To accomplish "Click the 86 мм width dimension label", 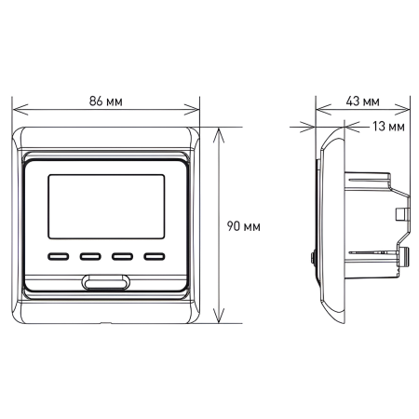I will (105, 101).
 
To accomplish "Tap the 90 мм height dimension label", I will (245, 225).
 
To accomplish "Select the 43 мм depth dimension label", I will (362, 101).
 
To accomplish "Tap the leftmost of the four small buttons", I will (59, 253).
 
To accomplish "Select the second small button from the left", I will (90, 253).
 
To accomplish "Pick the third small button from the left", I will (122, 253).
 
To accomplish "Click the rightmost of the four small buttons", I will (154, 253).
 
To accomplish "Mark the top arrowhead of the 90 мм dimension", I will (221, 131).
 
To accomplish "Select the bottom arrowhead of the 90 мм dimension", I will (221, 318).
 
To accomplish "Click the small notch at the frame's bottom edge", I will (105, 322).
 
